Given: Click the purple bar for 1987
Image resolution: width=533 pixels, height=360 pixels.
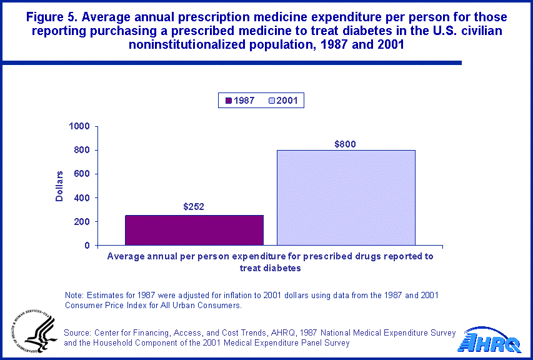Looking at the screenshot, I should (194, 230).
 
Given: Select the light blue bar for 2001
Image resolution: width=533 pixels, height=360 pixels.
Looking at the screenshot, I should (346, 197).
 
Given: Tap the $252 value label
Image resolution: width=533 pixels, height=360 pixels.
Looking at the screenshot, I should (194, 207).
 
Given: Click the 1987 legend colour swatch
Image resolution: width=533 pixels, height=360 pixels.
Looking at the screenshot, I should (229, 101).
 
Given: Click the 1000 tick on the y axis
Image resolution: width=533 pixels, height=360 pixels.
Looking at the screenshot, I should (80, 126).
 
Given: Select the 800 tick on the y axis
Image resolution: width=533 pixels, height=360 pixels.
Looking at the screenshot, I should (82, 150).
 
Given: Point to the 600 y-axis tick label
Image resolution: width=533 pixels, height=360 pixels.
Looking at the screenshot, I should (82, 174).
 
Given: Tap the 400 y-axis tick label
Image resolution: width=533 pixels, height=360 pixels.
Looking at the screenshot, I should (82, 197).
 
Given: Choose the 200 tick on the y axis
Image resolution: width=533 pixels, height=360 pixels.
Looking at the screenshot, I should (82, 221).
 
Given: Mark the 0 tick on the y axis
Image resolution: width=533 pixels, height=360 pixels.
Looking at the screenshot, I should (87, 245).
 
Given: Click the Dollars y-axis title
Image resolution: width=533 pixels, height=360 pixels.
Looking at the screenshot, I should (60, 186).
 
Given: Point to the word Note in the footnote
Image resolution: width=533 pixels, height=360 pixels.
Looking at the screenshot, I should (74, 295).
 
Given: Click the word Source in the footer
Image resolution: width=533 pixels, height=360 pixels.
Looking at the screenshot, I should (78, 332).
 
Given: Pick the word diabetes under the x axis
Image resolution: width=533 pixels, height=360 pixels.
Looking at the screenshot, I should (284, 267).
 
